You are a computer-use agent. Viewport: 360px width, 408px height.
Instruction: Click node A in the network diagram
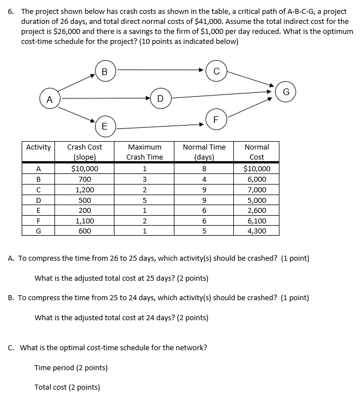tap(49, 99)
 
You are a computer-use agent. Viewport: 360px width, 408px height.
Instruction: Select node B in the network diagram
tap(104, 71)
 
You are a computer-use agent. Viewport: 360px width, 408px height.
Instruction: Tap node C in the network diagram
tap(216, 71)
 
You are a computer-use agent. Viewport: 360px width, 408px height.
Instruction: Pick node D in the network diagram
tap(160, 99)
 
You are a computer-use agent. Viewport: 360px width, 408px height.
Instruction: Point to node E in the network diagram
tap(104, 126)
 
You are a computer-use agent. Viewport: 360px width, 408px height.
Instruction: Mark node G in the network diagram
tap(286, 91)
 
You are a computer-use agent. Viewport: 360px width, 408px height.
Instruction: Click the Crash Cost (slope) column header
tap(84, 152)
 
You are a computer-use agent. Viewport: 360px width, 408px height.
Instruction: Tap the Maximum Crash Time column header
tap(144, 152)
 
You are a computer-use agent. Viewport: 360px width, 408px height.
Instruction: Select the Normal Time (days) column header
tap(204, 152)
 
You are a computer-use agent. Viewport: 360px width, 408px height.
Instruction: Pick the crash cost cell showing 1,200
tap(84, 190)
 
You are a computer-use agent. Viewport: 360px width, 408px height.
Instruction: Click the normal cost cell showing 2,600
tap(256, 211)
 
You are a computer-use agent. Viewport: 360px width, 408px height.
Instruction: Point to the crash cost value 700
tap(84, 180)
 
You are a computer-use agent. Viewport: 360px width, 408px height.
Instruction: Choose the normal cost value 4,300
tap(256, 231)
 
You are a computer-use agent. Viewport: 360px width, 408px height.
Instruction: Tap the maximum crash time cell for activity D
tap(144, 200)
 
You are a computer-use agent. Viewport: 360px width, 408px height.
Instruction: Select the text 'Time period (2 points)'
tap(71, 367)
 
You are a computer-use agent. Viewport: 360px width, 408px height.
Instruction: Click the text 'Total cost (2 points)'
tap(67, 387)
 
